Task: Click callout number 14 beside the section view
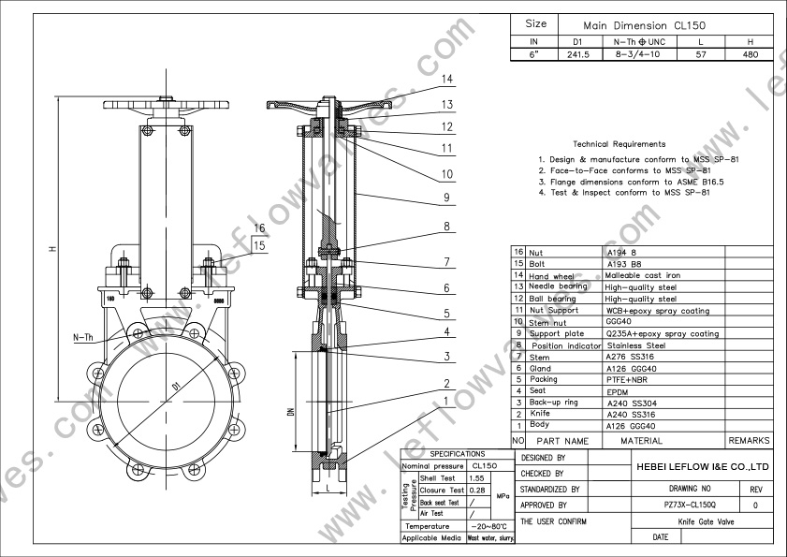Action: click(447, 80)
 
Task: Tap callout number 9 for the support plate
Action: click(447, 198)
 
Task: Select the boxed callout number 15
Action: click(260, 245)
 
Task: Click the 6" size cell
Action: click(534, 54)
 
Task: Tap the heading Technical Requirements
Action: click(619, 144)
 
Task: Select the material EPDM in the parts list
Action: click(619, 391)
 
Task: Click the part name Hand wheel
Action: click(552, 276)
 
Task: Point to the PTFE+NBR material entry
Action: click(628, 380)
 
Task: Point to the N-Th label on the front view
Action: click(83, 336)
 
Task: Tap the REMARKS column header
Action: click(749, 440)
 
